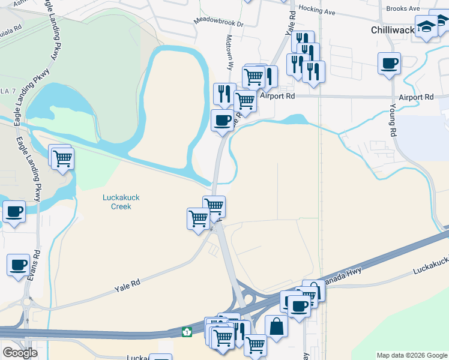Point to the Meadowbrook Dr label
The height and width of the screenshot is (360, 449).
(218, 23)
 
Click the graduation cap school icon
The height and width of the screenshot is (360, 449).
(426, 27)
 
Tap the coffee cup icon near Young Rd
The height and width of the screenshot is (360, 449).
(389, 62)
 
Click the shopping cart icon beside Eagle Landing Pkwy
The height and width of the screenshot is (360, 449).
(62, 159)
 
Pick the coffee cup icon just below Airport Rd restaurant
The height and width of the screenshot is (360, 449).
(223, 121)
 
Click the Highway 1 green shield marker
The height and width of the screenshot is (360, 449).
(187, 331)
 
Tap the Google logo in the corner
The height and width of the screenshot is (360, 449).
(20, 353)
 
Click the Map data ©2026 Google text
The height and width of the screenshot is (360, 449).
(412, 355)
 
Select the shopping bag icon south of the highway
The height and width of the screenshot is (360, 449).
(276, 327)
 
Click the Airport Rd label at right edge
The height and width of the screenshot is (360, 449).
(415, 97)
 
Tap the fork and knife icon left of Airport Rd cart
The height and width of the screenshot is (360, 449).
(223, 94)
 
